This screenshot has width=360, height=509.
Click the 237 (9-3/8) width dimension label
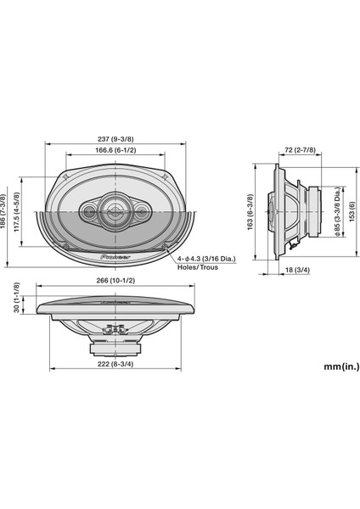point(115,139)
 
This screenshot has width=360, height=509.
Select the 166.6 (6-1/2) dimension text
point(115,150)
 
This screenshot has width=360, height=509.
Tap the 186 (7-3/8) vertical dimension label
point(3,211)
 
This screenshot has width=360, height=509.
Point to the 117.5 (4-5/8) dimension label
point(17,211)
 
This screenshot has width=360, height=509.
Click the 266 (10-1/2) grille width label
point(115,280)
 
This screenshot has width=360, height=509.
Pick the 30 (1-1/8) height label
point(17,298)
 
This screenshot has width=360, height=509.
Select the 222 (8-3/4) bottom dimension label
point(115,364)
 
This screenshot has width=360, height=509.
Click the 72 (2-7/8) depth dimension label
point(300,150)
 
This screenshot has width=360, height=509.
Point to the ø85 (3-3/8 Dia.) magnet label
point(339,211)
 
